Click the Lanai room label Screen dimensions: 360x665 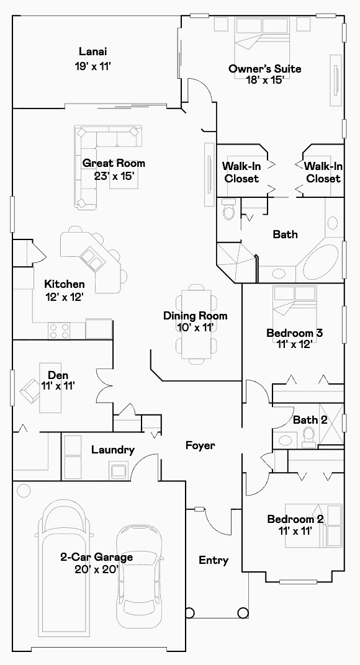click(x=92, y=51)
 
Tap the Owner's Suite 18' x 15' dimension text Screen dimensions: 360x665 click(x=265, y=80)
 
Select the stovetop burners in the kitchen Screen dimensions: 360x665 click(x=59, y=331)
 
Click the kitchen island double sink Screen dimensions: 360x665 click(x=93, y=259)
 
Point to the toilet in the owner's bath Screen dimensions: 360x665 click(x=229, y=208)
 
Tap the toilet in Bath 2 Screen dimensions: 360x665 click(x=309, y=437)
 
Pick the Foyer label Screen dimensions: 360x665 click(x=200, y=445)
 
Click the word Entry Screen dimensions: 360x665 click(x=214, y=560)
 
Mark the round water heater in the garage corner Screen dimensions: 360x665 click(x=24, y=491)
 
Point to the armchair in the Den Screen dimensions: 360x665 click(x=29, y=390)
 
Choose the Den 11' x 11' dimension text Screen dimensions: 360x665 click(x=58, y=385)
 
